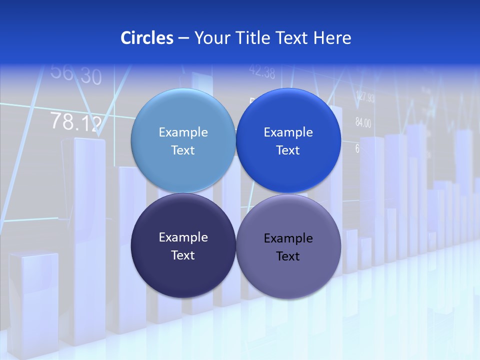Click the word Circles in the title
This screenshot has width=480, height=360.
(146, 38)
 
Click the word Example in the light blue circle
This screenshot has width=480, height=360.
(183, 132)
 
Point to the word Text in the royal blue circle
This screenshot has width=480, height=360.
(288, 150)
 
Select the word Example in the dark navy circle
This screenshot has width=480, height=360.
(183, 237)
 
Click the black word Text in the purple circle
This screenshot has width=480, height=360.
(288, 256)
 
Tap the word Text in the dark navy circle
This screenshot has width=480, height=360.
(183, 255)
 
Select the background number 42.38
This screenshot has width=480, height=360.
(262, 72)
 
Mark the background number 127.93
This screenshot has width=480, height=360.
(365, 97)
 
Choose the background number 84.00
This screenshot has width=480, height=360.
(363, 122)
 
